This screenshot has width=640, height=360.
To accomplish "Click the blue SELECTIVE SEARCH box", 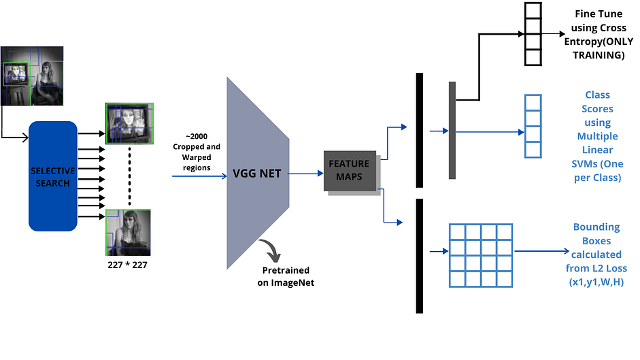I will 52,176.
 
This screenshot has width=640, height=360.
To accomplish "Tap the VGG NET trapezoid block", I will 258,174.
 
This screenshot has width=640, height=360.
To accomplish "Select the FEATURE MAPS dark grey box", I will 349,170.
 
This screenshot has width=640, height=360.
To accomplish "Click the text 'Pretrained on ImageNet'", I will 286,276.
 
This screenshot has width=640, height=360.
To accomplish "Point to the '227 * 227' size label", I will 128,265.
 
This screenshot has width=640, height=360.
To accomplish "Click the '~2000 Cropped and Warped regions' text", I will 197,151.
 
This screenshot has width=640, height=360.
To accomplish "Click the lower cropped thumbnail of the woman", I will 128,232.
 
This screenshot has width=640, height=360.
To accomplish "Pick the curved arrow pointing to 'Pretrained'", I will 271,252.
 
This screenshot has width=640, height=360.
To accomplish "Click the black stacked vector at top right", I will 533,33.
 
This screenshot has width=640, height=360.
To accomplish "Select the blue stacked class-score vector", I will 533,126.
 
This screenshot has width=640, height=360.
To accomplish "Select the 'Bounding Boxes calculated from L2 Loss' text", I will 596,255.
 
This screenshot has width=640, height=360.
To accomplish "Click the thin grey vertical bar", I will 452,130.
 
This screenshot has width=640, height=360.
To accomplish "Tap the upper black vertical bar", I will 419,129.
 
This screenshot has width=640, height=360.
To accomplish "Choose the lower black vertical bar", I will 419,256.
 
